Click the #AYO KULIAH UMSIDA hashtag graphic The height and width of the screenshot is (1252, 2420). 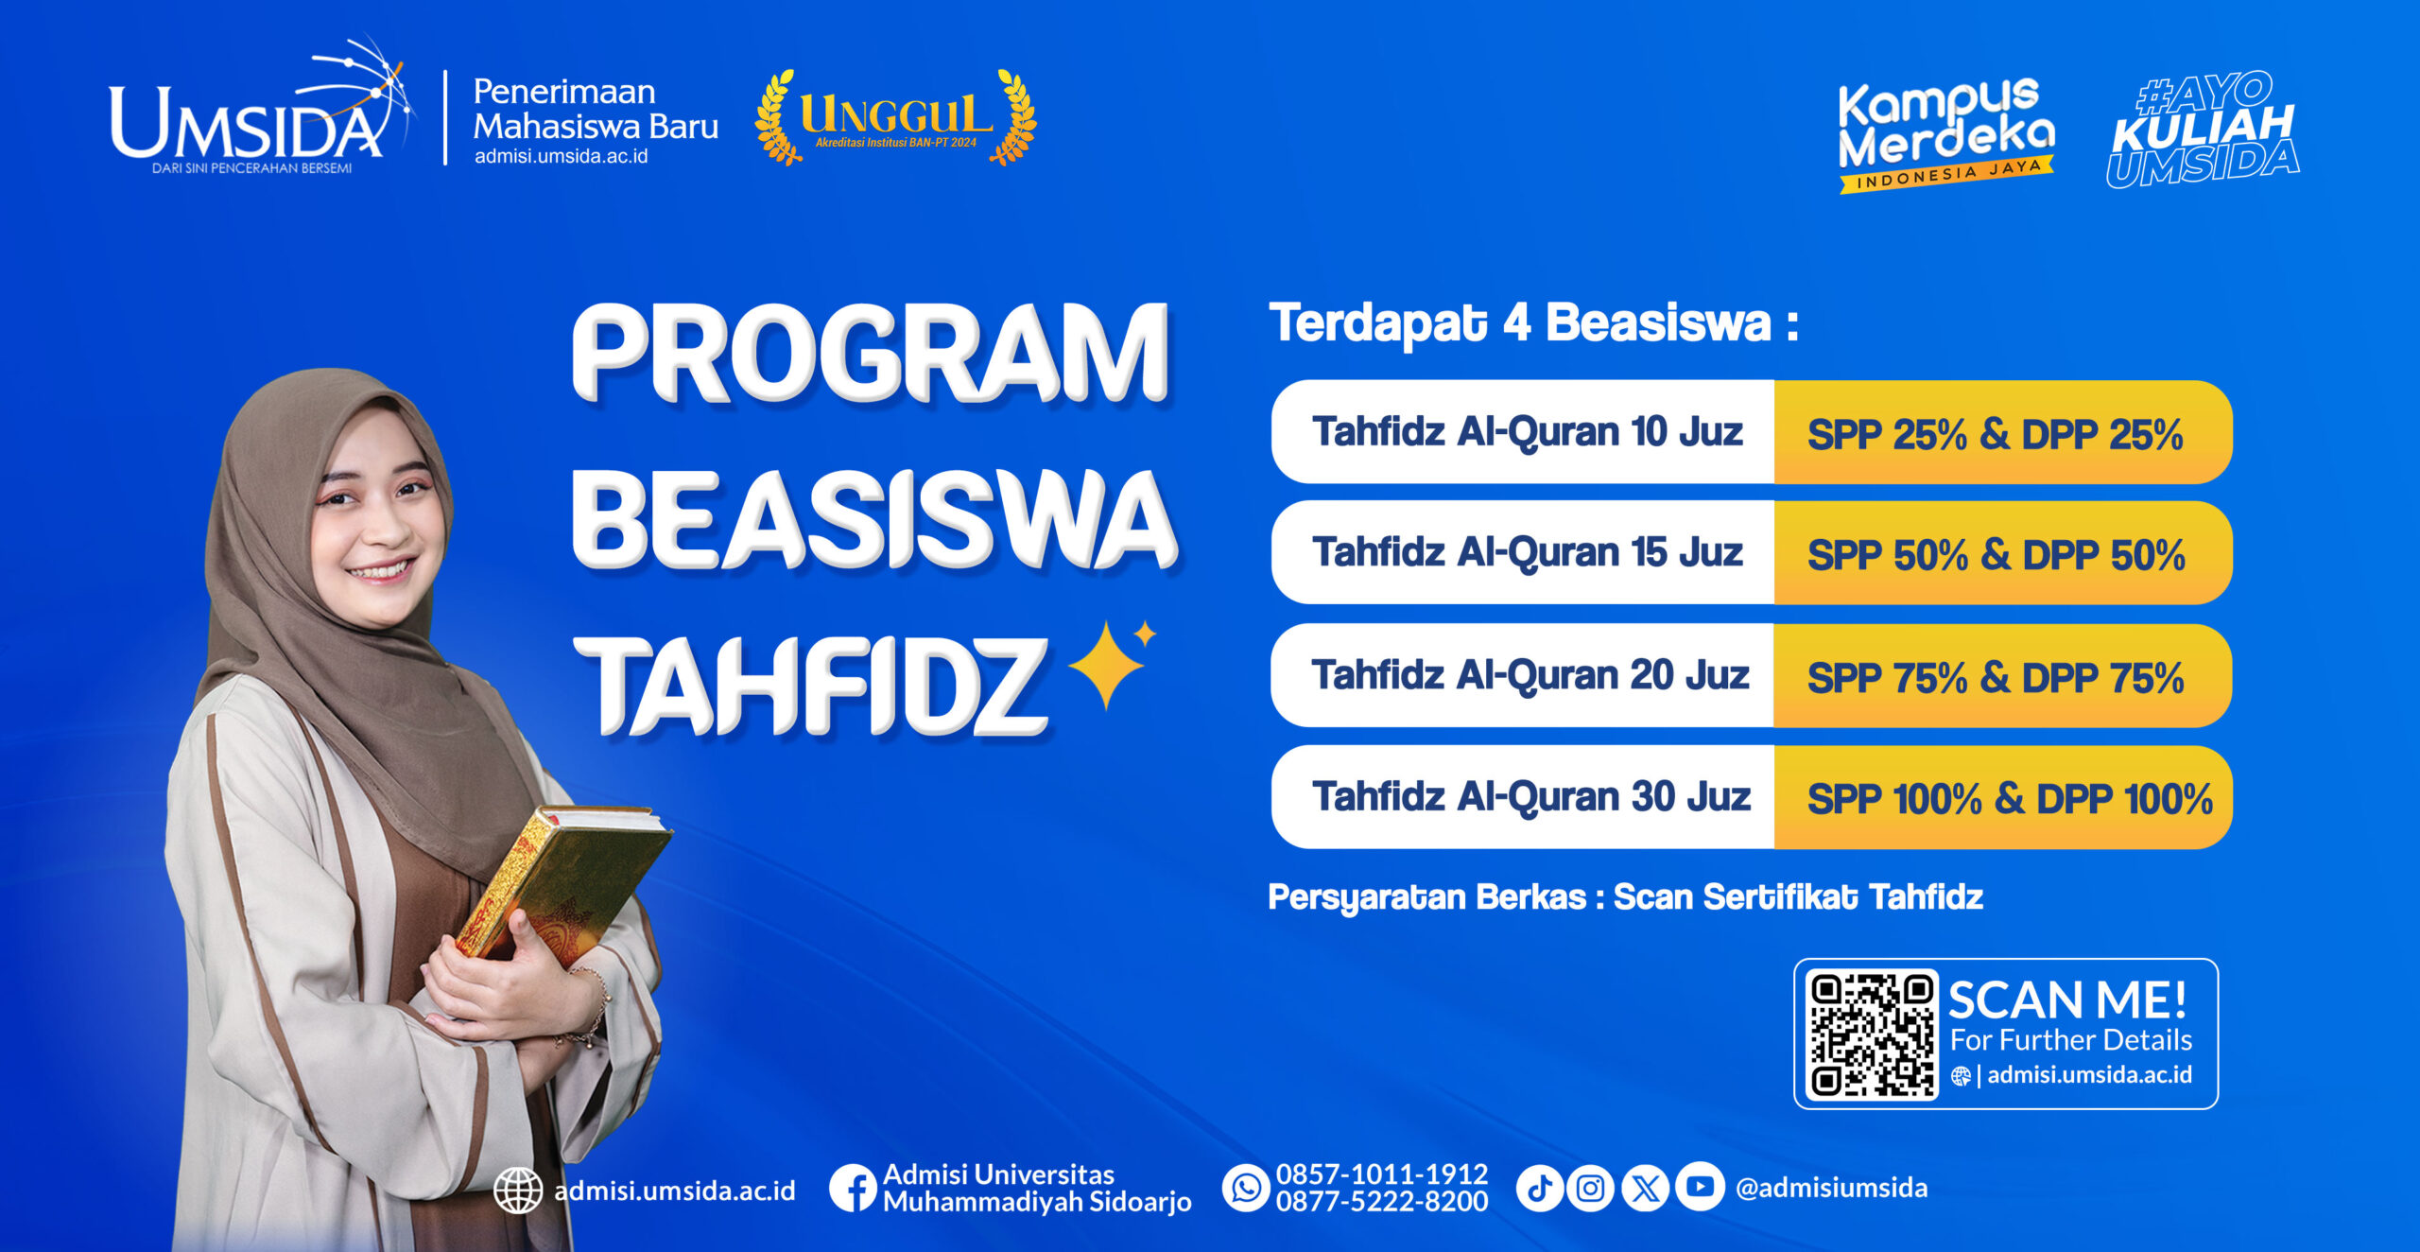coord(2203,130)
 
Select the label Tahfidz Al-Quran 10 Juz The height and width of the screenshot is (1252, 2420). coord(1527,432)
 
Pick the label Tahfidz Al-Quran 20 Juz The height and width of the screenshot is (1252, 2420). coord(1530,675)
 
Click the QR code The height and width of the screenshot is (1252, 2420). coord(1872,1034)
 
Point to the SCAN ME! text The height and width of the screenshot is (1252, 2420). coord(2067,1000)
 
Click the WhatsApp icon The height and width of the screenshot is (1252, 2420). coord(1246,1188)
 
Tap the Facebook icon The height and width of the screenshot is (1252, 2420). coord(854,1188)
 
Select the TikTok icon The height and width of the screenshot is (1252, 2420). coord(1540,1188)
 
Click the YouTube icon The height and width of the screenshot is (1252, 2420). coord(1700,1186)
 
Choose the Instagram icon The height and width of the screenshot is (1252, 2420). coord(1591,1188)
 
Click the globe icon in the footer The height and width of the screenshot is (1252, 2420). coord(518,1190)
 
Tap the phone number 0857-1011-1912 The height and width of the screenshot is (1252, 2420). coord(1382,1174)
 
